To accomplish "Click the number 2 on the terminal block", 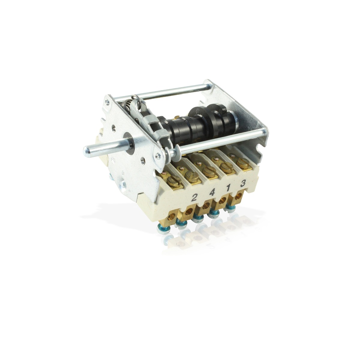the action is pyautogui.click(x=194, y=198).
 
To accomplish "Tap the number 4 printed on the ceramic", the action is pyautogui.click(x=211, y=193).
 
